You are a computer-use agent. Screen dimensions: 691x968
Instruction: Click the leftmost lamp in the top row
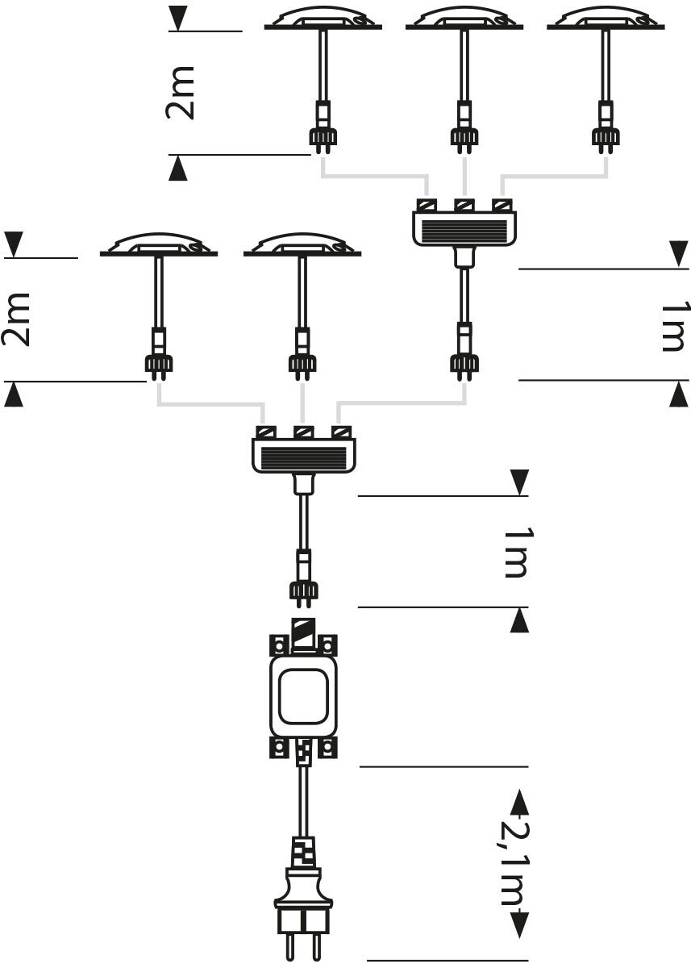click(x=323, y=20)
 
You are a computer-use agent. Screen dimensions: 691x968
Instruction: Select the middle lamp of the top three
click(x=464, y=20)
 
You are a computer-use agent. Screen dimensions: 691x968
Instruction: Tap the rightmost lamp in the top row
click(x=606, y=20)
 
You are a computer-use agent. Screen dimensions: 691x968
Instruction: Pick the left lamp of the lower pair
click(x=158, y=246)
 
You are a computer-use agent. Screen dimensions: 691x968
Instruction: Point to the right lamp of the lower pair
click(x=302, y=246)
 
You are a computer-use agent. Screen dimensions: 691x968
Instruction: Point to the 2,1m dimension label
click(x=514, y=863)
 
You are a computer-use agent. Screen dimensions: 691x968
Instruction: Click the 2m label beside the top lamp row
click(x=181, y=93)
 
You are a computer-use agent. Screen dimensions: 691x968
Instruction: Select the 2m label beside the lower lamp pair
click(x=16, y=319)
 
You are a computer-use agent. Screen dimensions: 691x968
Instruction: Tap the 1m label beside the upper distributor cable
click(x=672, y=327)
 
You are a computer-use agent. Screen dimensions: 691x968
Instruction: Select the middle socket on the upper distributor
click(x=464, y=206)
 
